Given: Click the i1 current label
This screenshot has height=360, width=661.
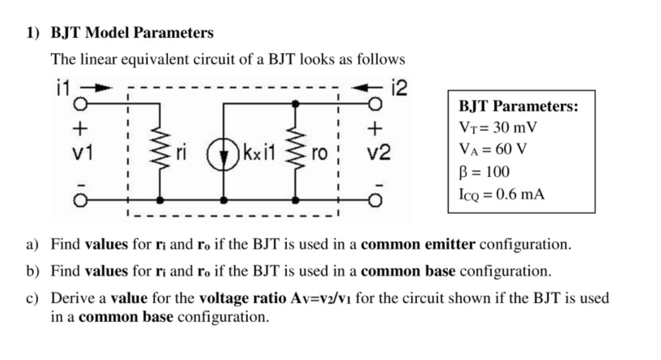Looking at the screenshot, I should click(x=61, y=90).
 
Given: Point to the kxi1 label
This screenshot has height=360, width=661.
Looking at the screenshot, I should click(x=259, y=152).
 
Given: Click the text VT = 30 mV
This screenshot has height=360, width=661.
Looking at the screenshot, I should click(x=498, y=129).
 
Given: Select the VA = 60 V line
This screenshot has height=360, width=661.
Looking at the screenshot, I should click(x=494, y=150).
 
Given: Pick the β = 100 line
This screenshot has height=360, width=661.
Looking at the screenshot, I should click(x=484, y=172).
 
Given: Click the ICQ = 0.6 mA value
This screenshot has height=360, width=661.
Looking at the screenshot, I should click(x=501, y=194).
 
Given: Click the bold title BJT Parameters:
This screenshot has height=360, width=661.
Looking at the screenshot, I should click(x=518, y=107).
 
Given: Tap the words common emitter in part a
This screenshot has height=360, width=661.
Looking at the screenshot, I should click(x=418, y=245).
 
